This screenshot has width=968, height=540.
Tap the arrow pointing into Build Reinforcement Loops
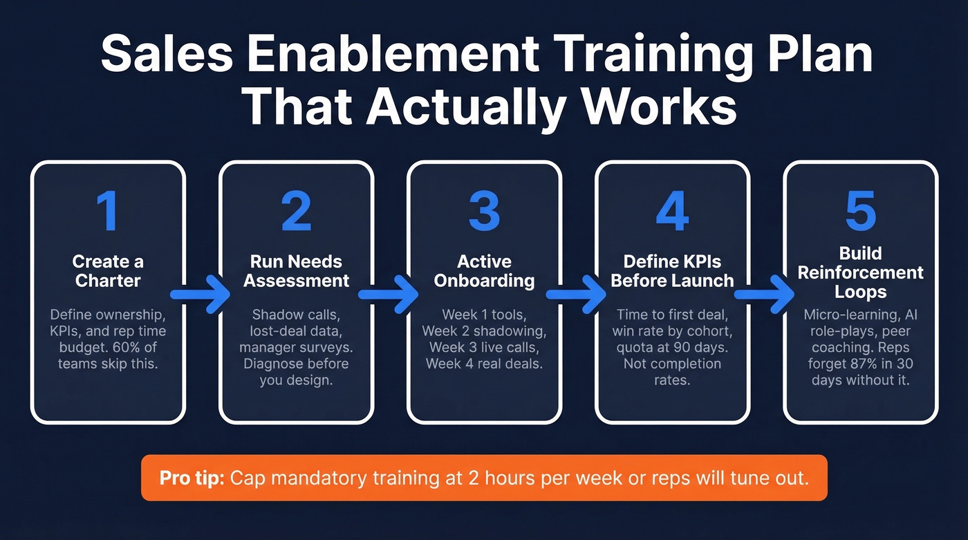[x=766, y=295]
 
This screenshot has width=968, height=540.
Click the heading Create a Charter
[x=108, y=271]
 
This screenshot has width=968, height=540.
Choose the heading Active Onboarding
[x=484, y=271]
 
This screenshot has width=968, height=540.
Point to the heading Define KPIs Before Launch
[x=672, y=271]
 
